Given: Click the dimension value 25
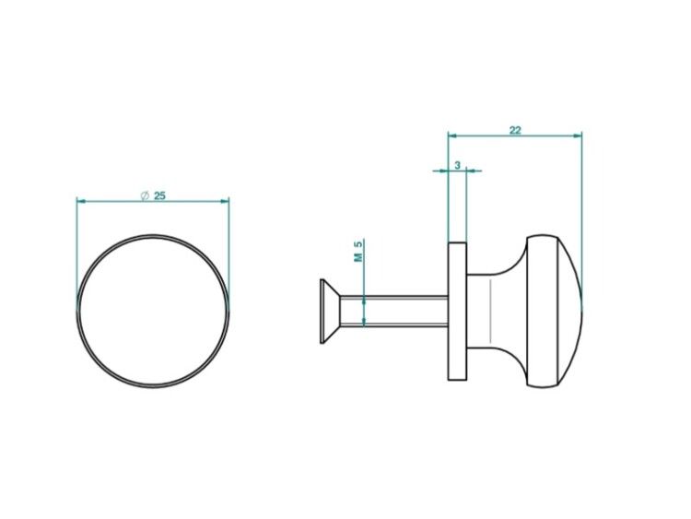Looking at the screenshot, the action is point(159,195).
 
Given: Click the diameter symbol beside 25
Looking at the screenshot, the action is point(145,195).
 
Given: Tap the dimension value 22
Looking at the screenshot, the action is point(515,130).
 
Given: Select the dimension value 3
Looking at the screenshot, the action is point(457,165).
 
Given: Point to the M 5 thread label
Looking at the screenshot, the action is point(359,252).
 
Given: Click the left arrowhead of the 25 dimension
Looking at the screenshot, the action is point(81,202).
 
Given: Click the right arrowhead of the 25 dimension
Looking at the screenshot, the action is point(225,202).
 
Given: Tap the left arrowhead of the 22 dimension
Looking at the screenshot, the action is point(453,136).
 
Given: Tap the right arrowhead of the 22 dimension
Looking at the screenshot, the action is point(578,136).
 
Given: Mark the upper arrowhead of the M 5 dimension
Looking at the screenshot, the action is point(364,301).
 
